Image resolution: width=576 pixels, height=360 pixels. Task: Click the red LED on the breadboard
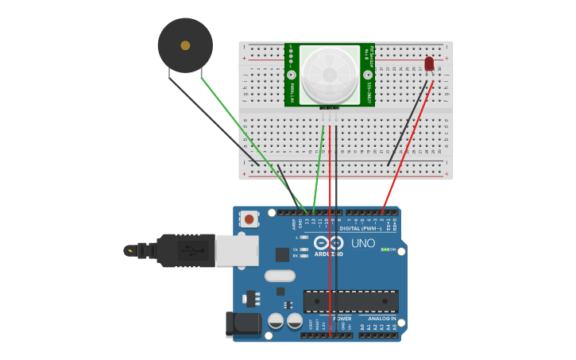point(429,64)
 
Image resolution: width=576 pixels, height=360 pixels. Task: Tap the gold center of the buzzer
point(185,45)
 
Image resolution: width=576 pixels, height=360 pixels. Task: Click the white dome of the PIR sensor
point(329,74)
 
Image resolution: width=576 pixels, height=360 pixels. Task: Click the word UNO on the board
point(363,244)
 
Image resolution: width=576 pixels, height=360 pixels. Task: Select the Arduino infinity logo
point(328,242)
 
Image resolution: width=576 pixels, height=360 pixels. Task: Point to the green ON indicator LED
point(384,250)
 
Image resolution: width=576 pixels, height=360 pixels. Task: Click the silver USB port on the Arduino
point(237,250)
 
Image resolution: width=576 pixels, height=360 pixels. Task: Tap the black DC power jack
point(243,324)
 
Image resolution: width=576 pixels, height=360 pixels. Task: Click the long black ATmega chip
point(350,301)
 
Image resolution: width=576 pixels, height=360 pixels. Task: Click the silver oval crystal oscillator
point(280,276)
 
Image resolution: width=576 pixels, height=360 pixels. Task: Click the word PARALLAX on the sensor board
point(293,90)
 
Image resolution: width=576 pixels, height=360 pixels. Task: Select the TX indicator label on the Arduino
point(295,249)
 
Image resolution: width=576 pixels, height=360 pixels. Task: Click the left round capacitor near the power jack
point(276,321)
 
